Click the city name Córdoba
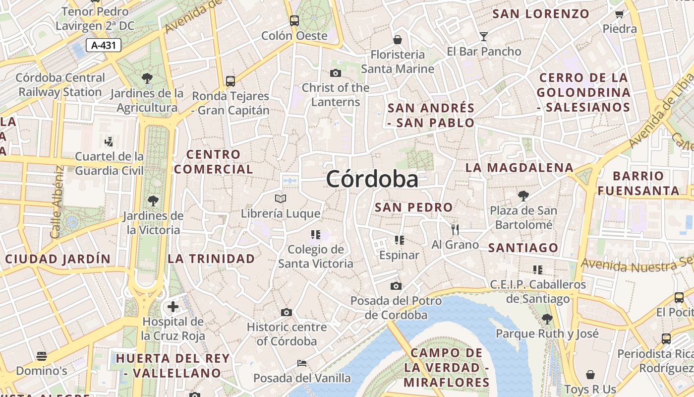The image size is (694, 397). click(x=372, y=179)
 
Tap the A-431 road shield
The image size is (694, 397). click(x=104, y=45)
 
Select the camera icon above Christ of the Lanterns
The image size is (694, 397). click(x=336, y=73)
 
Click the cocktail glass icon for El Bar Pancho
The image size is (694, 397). click(x=483, y=36)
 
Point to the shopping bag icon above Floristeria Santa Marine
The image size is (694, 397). click(x=397, y=40)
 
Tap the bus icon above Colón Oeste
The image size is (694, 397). click(x=294, y=21)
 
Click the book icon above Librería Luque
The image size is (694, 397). click(x=281, y=199)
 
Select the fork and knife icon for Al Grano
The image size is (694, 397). click(x=455, y=229)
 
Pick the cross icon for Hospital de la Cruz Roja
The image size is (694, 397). click(x=173, y=307)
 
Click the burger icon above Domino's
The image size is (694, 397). click(x=42, y=356)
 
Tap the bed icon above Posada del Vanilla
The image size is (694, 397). click(x=301, y=363)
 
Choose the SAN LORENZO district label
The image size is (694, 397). click(x=541, y=14)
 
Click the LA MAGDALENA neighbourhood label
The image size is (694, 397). click(x=519, y=168)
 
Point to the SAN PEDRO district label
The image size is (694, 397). click(x=413, y=207)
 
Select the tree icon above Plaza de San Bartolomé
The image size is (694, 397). click(x=523, y=196)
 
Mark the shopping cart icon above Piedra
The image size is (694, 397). click(x=619, y=14)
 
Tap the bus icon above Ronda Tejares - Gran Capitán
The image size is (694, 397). click(x=230, y=81)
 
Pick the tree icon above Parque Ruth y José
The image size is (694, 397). click(x=547, y=319)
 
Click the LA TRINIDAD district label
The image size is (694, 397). click(x=211, y=259)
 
